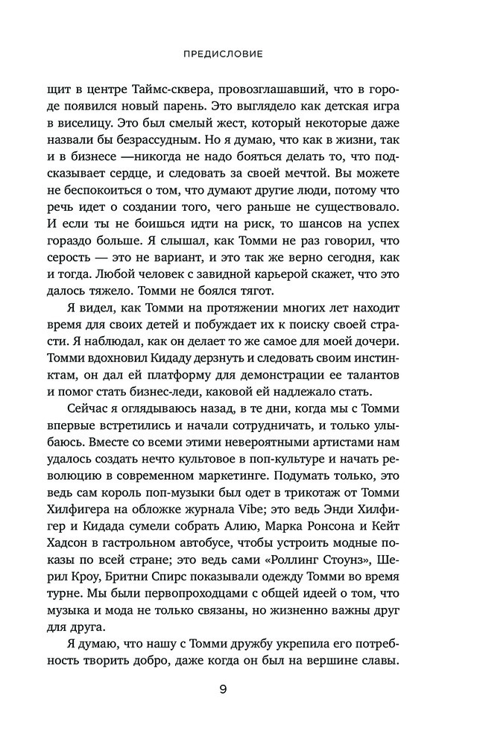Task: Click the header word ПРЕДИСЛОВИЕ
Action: (240, 54)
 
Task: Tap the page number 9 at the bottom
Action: (240, 688)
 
